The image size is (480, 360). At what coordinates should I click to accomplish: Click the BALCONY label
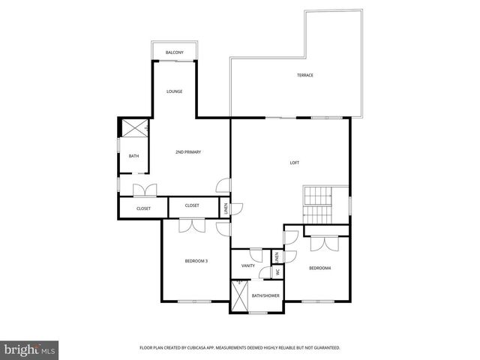tap(175, 52)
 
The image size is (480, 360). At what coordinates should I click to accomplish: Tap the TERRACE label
tap(304, 75)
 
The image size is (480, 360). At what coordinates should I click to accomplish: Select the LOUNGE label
tap(174, 91)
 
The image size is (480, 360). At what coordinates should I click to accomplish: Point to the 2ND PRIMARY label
tap(188, 152)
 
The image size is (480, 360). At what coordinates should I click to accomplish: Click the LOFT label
tap(295, 163)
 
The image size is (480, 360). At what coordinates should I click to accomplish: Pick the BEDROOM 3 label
tap(196, 261)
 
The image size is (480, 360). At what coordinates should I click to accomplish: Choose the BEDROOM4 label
tap(319, 268)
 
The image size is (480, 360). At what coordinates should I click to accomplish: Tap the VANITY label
tap(248, 265)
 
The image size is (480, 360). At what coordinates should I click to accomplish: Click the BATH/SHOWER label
tap(265, 295)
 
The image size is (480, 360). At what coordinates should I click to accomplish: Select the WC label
tap(277, 273)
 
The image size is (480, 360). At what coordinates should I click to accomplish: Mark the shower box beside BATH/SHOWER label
tap(240, 296)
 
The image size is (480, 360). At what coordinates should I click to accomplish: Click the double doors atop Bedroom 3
tap(192, 224)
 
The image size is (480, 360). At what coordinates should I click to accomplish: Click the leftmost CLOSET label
tap(143, 208)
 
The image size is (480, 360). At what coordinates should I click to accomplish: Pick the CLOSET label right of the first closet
tap(192, 205)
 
